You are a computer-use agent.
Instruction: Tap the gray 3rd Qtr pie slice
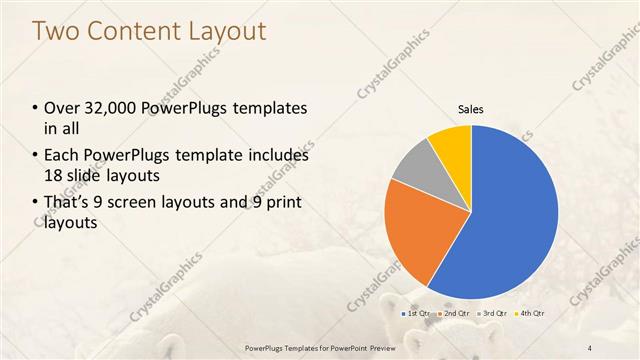click(x=415, y=168)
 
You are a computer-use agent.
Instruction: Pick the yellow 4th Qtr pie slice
click(x=452, y=145)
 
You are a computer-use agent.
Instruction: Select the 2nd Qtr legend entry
click(x=455, y=314)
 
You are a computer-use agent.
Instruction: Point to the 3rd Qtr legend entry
click(x=493, y=314)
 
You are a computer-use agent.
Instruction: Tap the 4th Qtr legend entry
click(x=531, y=314)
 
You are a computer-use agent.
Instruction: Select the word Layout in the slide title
click(x=228, y=31)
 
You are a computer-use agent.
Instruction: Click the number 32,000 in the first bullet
click(x=110, y=108)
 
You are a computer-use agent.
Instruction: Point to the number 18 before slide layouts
click(x=54, y=174)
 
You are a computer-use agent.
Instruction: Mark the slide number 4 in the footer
click(x=589, y=347)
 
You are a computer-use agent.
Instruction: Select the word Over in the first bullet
click(x=60, y=108)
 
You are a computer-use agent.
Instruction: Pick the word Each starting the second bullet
click(x=61, y=156)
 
